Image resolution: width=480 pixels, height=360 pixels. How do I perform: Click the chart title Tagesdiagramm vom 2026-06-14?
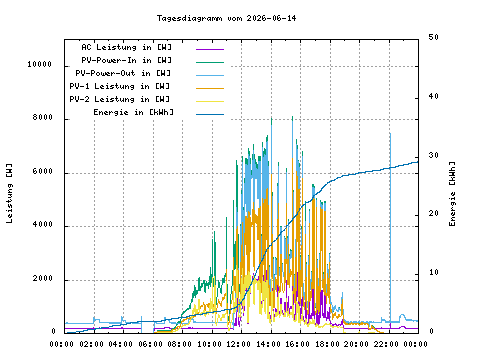pyautogui.click(x=226, y=18)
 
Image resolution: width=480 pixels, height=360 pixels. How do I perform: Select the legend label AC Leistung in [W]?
pyautogui.click(x=127, y=47)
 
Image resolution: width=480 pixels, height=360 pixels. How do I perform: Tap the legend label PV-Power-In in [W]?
pyautogui.click(x=127, y=60)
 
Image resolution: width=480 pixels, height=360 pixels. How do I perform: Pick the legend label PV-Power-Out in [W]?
pyautogui.click(x=123, y=73)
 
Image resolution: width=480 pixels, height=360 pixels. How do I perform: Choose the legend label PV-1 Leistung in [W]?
pyautogui.click(x=120, y=86)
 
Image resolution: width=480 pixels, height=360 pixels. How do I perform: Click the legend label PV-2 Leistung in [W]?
pyautogui.click(x=120, y=99)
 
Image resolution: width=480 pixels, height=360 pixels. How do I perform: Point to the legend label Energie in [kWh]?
pyautogui.click(x=133, y=112)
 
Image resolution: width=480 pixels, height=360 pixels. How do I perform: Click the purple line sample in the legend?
pyautogui.click(x=210, y=49)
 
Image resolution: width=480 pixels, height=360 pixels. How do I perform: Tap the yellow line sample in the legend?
pyautogui.click(x=210, y=101)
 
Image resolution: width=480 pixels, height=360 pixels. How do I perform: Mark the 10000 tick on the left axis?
pyautogui.click(x=40, y=64)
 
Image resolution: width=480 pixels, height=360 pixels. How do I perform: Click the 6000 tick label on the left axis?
pyautogui.click(x=43, y=171)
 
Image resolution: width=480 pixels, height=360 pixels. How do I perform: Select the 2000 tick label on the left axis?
pyautogui.click(x=43, y=278)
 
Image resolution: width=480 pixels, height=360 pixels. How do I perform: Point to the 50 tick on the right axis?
pyautogui.click(x=433, y=37)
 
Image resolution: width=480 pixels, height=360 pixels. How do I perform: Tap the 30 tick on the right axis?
pyautogui.click(x=433, y=155)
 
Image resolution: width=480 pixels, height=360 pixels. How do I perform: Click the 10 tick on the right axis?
pyautogui.click(x=433, y=272)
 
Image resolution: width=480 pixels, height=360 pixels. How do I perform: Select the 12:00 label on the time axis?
pyautogui.click(x=238, y=344)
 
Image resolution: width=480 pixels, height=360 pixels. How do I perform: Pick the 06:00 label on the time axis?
pyautogui.click(x=150, y=344)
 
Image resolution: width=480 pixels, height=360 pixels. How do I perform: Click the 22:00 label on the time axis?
pyautogui.click(x=386, y=344)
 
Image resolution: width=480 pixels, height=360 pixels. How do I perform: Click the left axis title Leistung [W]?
pyautogui.click(x=9, y=193)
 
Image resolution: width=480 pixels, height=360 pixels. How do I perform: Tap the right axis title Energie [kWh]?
pyautogui.click(x=452, y=194)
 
